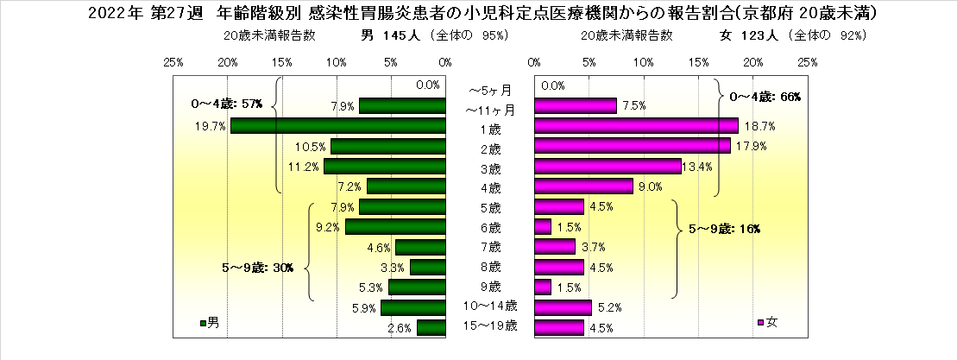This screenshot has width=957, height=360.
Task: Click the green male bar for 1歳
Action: pos(337,126)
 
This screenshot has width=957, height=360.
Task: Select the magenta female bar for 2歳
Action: pos(632,145)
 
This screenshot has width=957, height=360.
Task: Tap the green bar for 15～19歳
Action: pos(431,327)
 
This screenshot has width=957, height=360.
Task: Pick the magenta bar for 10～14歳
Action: pos(563,306)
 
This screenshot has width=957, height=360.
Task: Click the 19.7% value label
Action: pos(211,126)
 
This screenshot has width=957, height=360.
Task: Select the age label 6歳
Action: pos(489,228)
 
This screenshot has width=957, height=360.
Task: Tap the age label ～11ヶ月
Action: pos(489,110)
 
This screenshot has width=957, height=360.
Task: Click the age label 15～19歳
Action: pos(489,326)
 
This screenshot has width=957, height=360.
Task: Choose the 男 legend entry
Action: pos(210,323)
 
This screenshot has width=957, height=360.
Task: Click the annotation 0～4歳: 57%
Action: pos(227,104)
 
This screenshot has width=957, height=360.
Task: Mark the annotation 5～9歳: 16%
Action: pos(723,229)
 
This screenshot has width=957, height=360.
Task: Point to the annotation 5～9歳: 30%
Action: pos(257,268)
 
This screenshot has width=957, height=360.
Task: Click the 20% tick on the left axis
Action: pos(228,62)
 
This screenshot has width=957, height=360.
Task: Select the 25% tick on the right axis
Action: pos(807,62)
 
